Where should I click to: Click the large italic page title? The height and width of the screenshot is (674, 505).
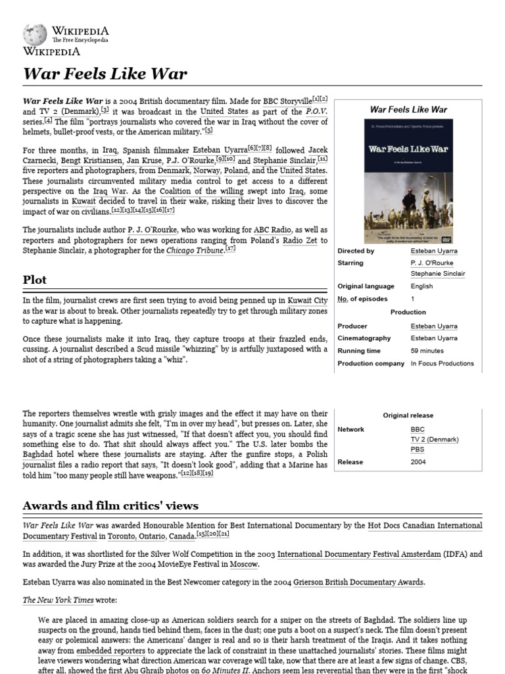click(105, 73)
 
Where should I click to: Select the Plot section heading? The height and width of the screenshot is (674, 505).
click(35, 280)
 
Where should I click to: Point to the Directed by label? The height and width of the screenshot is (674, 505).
click(356, 251)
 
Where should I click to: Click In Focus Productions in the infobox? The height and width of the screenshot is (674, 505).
click(442, 363)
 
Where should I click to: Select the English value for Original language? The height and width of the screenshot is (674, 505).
click(421, 286)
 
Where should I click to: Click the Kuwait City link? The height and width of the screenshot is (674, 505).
click(307, 300)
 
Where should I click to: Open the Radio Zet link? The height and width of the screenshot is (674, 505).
click(300, 240)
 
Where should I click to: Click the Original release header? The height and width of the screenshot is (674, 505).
click(408, 415)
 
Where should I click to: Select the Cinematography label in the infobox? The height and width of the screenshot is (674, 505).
click(364, 338)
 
